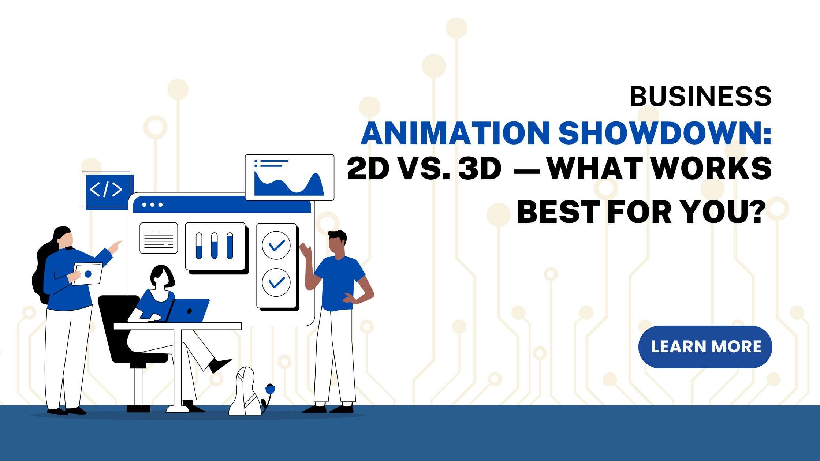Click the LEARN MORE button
(705, 346)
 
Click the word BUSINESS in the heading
(700, 97)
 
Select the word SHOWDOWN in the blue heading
(664, 134)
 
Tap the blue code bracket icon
(106, 190)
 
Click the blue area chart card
(289, 177)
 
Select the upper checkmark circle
(276, 245)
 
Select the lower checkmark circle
(276, 282)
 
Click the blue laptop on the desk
(188, 311)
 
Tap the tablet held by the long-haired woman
(88, 273)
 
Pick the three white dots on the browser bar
(152, 205)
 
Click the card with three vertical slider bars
(215, 246)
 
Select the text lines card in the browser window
(159, 238)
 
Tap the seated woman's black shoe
(219, 364)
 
